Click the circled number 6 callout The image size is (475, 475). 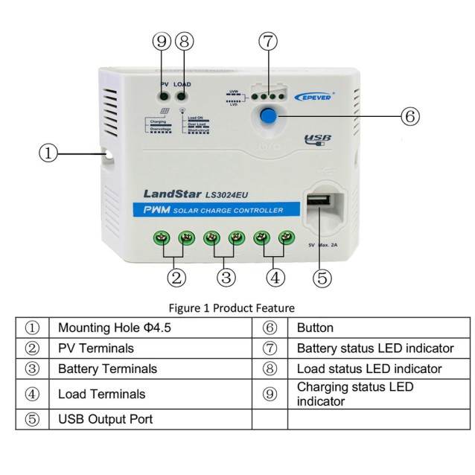click(410, 116)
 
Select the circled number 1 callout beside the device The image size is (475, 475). click(48, 153)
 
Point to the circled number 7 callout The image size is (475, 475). click(269, 40)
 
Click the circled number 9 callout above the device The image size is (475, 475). click(163, 42)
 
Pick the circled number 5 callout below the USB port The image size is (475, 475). click(322, 277)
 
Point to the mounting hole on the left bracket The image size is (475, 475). click(109, 155)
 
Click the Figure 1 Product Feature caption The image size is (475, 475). click(231, 307)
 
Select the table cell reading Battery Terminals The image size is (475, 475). click(108, 369)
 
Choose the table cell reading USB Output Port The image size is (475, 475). click(105, 419)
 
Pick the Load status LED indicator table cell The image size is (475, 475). click(369, 369)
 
